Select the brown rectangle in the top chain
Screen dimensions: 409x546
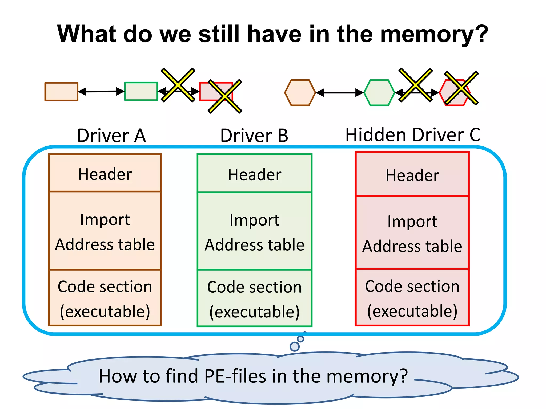coord(61,92)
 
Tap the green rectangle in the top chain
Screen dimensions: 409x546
coord(141,91)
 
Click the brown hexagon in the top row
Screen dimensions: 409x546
coord(300,93)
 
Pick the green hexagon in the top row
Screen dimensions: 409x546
coord(379,93)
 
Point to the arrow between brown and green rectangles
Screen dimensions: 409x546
coord(101,91)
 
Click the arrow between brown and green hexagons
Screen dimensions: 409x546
coord(340,93)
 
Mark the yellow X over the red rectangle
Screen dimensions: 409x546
coord(225,96)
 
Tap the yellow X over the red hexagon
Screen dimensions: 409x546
coord(461,88)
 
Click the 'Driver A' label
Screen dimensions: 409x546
coord(111,136)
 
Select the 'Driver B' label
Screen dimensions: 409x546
coord(254,136)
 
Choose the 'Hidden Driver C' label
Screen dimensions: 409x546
coord(413,135)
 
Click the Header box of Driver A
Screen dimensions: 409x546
coord(105,174)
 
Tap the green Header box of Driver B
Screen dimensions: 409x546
coord(255,174)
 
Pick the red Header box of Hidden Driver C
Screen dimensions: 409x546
coord(412,175)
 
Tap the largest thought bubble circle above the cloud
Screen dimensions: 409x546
coord(295,346)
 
